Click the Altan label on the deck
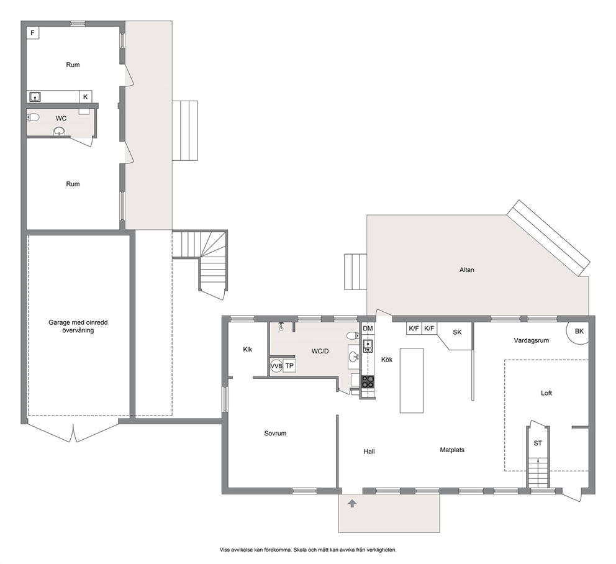coord(467,270)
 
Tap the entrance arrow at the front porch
coord(352,503)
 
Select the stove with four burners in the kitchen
coord(368,381)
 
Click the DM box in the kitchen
coord(368,329)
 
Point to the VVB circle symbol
coord(276,366)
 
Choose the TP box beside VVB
coord(289,366)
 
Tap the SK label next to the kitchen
coord(457,332)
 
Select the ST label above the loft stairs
coord(538,443)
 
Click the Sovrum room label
coord(275,434)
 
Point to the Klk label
coord(248,350)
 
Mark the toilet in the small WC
coord(34,117)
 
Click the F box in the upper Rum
coord(33,33)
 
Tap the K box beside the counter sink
coord(86,97)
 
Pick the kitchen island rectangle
coord(412,381)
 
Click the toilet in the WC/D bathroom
coord(353,335)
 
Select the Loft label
coord(546,393)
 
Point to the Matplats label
coord(452,450)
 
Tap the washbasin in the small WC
coord(60,132)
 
